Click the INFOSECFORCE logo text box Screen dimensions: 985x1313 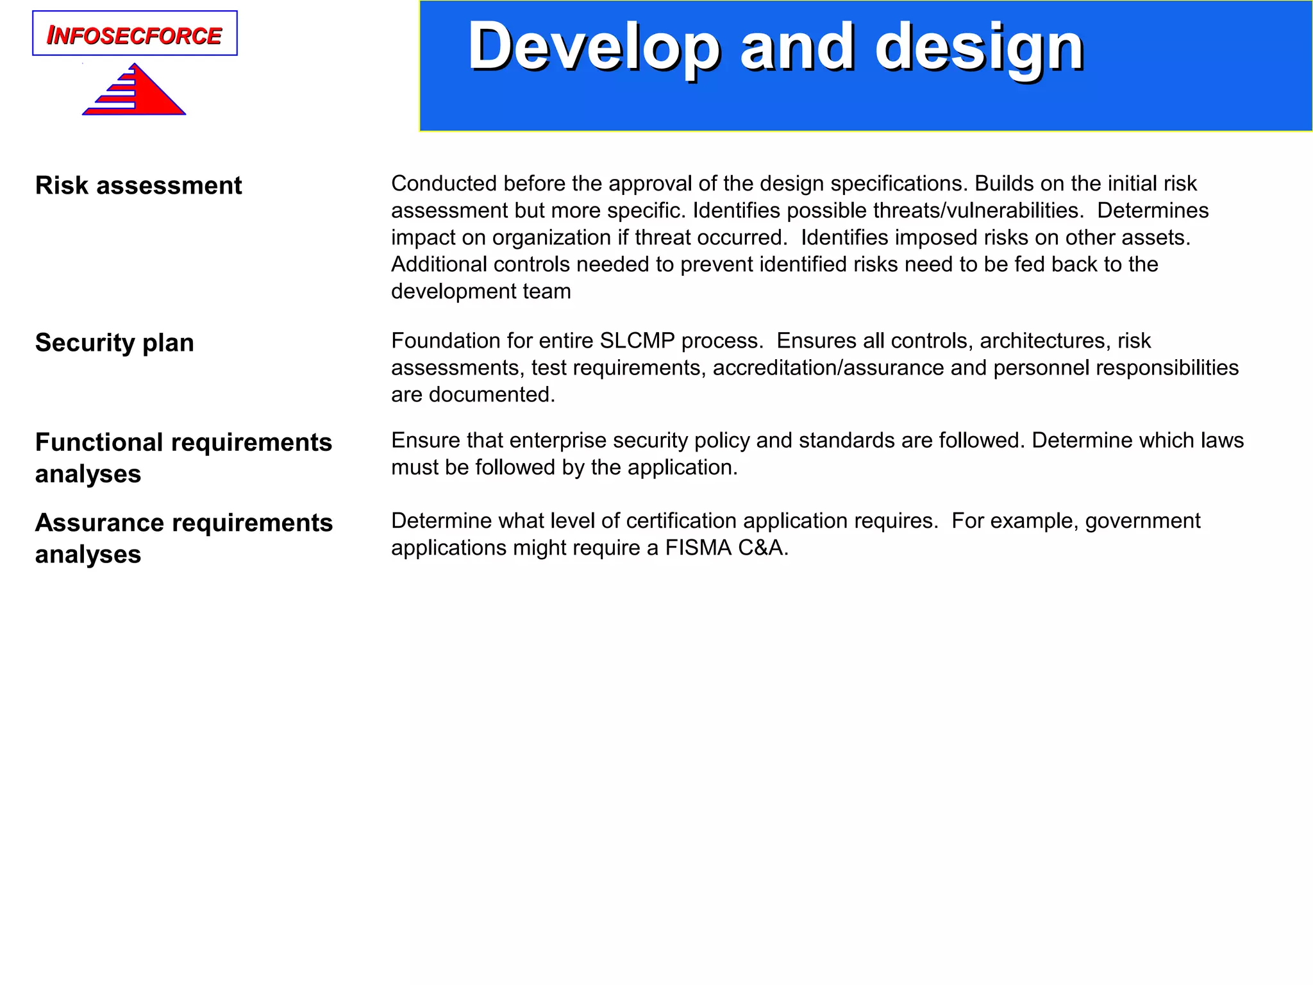click(135, 34)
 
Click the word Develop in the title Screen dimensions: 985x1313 click(594, 47)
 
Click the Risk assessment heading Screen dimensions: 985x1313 click(138, 185)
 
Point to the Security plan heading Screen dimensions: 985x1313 click(115, 342)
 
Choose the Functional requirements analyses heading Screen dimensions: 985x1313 click(183, 457)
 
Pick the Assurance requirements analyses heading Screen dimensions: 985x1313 click(184, 537)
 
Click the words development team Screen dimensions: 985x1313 click(481, 291)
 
